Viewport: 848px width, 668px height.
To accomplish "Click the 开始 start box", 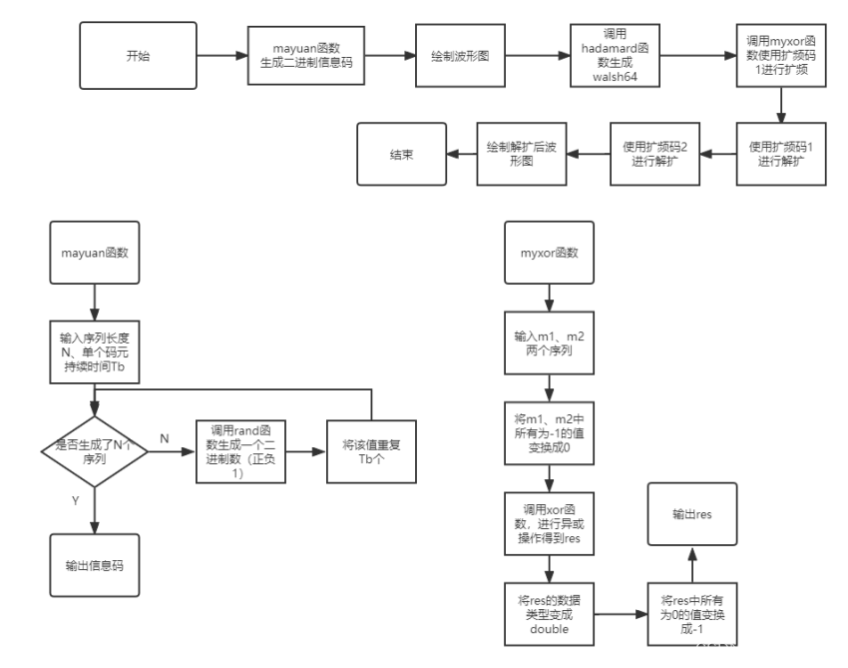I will point(138,56).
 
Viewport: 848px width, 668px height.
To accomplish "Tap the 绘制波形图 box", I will point(459,56).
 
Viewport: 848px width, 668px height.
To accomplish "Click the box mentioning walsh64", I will point(615,56).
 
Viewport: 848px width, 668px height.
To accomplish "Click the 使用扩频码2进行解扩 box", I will point(654,154).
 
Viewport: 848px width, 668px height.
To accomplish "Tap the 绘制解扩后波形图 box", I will point(522,154).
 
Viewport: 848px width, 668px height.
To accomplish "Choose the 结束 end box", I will point(401,154).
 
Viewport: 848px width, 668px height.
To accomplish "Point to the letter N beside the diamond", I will point(165,438).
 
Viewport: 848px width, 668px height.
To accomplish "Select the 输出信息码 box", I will point(95,565).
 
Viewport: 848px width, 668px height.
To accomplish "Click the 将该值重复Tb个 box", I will point(371,451).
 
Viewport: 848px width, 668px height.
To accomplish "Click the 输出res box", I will point(691,513).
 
